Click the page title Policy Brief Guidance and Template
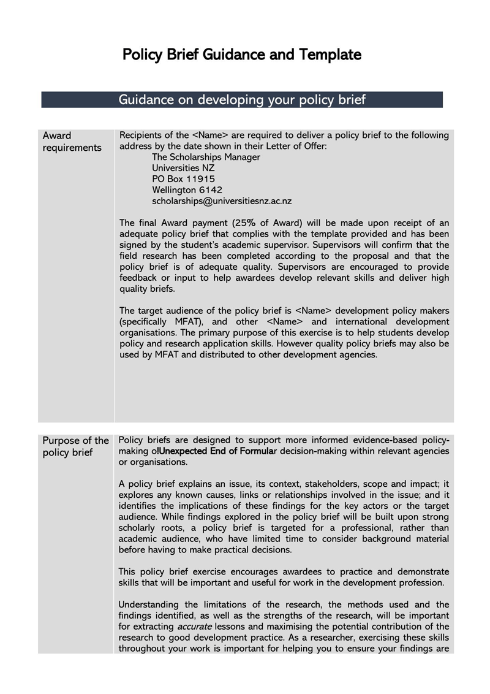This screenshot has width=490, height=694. pyautogui.click(x=242, y=55)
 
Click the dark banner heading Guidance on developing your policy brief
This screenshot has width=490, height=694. pyautogui.click(x=242, y=99)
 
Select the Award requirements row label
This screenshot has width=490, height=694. pyautogui.click(x=72, y=142)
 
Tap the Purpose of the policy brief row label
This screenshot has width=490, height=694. pyautogui.click(x=75, y=446)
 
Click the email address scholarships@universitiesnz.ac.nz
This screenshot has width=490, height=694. pyautogui.click(x=222, y=200)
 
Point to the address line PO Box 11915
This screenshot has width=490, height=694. pyautogui.click(x=183, y=178)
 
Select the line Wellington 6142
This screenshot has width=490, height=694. pyautogui.click(x=187, y=189)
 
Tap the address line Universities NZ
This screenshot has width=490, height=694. pyautogui.click(x=183, y=167)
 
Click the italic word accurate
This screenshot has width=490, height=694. pyautogui.click(x=195, y=627)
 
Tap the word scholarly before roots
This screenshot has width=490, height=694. pyautogui.click(x=138, y=528)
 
